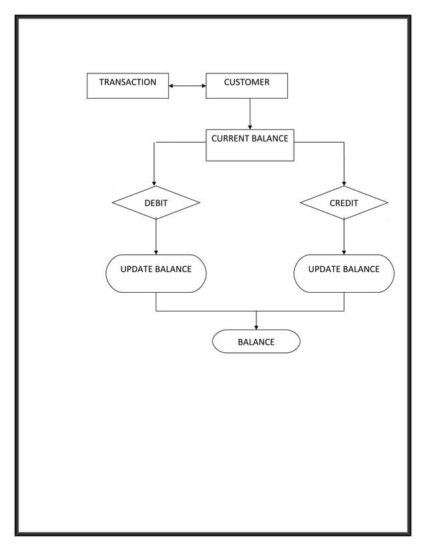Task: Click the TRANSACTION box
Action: (x=128, y=86)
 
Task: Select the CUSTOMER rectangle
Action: (x=246, y=86)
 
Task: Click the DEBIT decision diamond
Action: (x=156, y=203)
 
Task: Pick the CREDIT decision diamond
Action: (x=344, y=203)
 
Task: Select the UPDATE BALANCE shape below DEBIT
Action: (x=156, y=273)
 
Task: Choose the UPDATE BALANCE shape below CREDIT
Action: (x=344, y=273)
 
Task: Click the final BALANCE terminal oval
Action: (x=256, y=342)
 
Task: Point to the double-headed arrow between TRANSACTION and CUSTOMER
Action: (x=187, y=86)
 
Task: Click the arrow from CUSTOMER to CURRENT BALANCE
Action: (x=250, y=114)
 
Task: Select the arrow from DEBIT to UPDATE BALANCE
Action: (x=156, y=237)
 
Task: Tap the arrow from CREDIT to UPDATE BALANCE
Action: (x=344, y=237)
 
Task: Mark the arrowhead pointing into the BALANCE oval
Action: (x=256, y=326)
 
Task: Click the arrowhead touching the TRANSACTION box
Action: (x=172, y=86)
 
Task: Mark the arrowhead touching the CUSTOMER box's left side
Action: (x=203, y=86)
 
